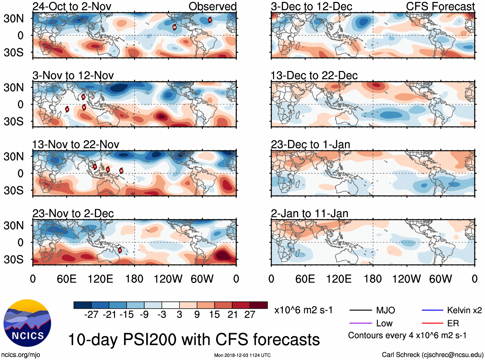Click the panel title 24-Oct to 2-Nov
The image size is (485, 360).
(x=72, y=6)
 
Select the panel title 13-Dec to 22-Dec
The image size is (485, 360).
(x=314, y=75)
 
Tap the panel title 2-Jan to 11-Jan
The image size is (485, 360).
(x=309, y=214)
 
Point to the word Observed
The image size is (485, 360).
(x=212, y=6)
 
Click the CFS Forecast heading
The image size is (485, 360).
(x=440, y=6)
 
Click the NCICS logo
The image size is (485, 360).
(x=27, y=323)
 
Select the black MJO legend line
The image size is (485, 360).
(x=360, y=310)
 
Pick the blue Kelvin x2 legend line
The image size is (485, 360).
(x=432, y=310)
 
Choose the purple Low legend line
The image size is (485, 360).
(x=360, y=323)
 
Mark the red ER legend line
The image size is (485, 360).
(x=432, y=323)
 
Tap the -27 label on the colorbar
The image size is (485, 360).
(x=91, y=315)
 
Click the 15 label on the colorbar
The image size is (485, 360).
(x=214, y=315)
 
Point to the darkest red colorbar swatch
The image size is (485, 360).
(x=259, y=305)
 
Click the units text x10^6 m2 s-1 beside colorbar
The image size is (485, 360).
(x=303, y=310)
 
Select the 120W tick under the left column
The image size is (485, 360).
(x=168, y=279)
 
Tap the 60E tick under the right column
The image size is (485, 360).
(x=305, y=279)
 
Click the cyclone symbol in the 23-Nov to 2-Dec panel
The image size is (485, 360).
(x=120, y=250)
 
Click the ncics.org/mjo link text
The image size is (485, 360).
(x=21, y=355)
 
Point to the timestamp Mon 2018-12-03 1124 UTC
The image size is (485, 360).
(x=242, y=355)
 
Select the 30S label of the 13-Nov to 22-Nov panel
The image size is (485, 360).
(x=13, y=190)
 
